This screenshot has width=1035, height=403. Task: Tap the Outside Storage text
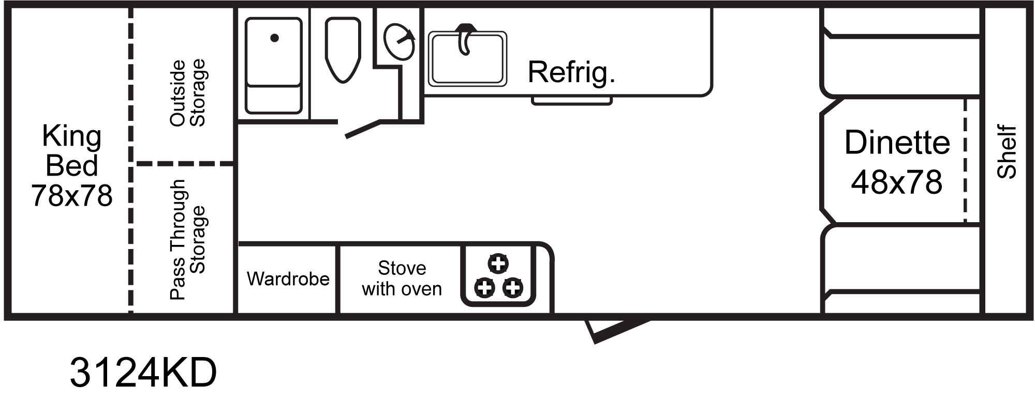(187, 93)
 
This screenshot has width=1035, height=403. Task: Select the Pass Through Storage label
(187, 240)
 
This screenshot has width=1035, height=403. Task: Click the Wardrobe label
(288, 279)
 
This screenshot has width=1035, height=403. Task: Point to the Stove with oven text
(402, 278)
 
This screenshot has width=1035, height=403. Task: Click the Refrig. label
(571, 72)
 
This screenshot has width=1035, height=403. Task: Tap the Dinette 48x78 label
(897, 162)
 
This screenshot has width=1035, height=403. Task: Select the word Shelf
(1007, 152)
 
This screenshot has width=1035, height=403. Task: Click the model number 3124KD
(143, 373)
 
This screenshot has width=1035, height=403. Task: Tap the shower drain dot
(275, 38)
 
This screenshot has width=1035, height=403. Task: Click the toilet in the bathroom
(343, 49)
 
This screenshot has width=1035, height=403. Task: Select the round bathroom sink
(399, 42)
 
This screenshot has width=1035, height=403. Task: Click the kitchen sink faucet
(465, 39)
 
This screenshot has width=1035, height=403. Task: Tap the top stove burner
(498, 263)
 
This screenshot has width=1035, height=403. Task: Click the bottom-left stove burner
(485, 287)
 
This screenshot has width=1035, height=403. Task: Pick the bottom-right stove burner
(513, 287)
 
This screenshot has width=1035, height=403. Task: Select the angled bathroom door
(364, 129)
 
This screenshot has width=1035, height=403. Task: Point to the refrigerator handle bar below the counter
(572, 101)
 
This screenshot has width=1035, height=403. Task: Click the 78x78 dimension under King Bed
(71, 196)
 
